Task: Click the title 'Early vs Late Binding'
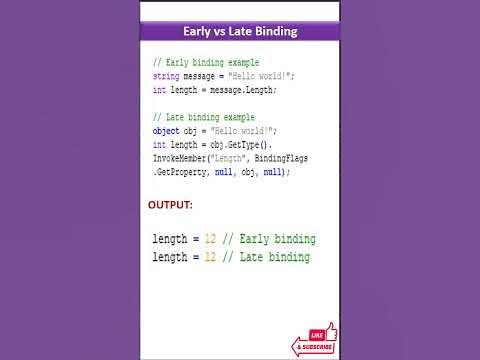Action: coord(239,32)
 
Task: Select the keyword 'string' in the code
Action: coord(166,76)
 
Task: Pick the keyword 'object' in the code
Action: coord(166,131)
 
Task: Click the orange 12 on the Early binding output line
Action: coord(210,240)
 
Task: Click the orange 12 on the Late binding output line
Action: coord(210,257)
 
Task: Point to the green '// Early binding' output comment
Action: coord(269,240)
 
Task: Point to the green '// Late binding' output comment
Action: coord(266,257)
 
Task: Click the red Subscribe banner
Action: coord(312,347)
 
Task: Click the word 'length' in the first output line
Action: coord(169,240)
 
